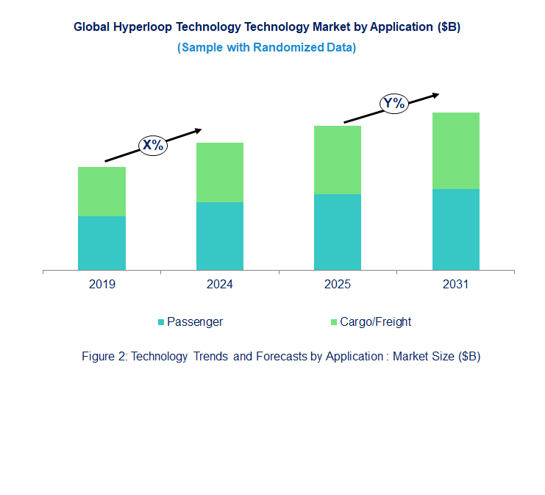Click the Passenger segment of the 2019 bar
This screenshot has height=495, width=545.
coord(101,243)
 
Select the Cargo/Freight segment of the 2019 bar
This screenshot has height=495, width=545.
coord(101,191)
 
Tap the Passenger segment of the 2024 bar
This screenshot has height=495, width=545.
coord(220,236)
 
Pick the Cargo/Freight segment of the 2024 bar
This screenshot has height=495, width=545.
coord(220,172)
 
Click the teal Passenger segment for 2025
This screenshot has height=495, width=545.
coord(338,232)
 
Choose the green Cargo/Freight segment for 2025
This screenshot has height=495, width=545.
coord(338,160)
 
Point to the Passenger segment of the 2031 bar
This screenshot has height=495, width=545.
coord(455,229)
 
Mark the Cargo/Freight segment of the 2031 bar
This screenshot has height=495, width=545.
coord(455,151)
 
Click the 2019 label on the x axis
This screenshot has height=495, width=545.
coord(101,285)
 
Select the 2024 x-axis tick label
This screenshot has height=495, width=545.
coord(220,285)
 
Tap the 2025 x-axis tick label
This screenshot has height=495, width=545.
coord(338,285)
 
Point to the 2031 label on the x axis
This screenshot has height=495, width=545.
coord(455,285)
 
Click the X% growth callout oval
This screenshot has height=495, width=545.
coord(153,145)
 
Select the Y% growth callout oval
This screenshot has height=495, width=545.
coord(394,103)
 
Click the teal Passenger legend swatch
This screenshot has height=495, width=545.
coord(161,322)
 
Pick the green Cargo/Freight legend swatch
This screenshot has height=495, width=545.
coord(333,322)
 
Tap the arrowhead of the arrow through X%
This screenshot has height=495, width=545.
coord(197,131)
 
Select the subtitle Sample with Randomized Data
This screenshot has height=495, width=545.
coord(267,47)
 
